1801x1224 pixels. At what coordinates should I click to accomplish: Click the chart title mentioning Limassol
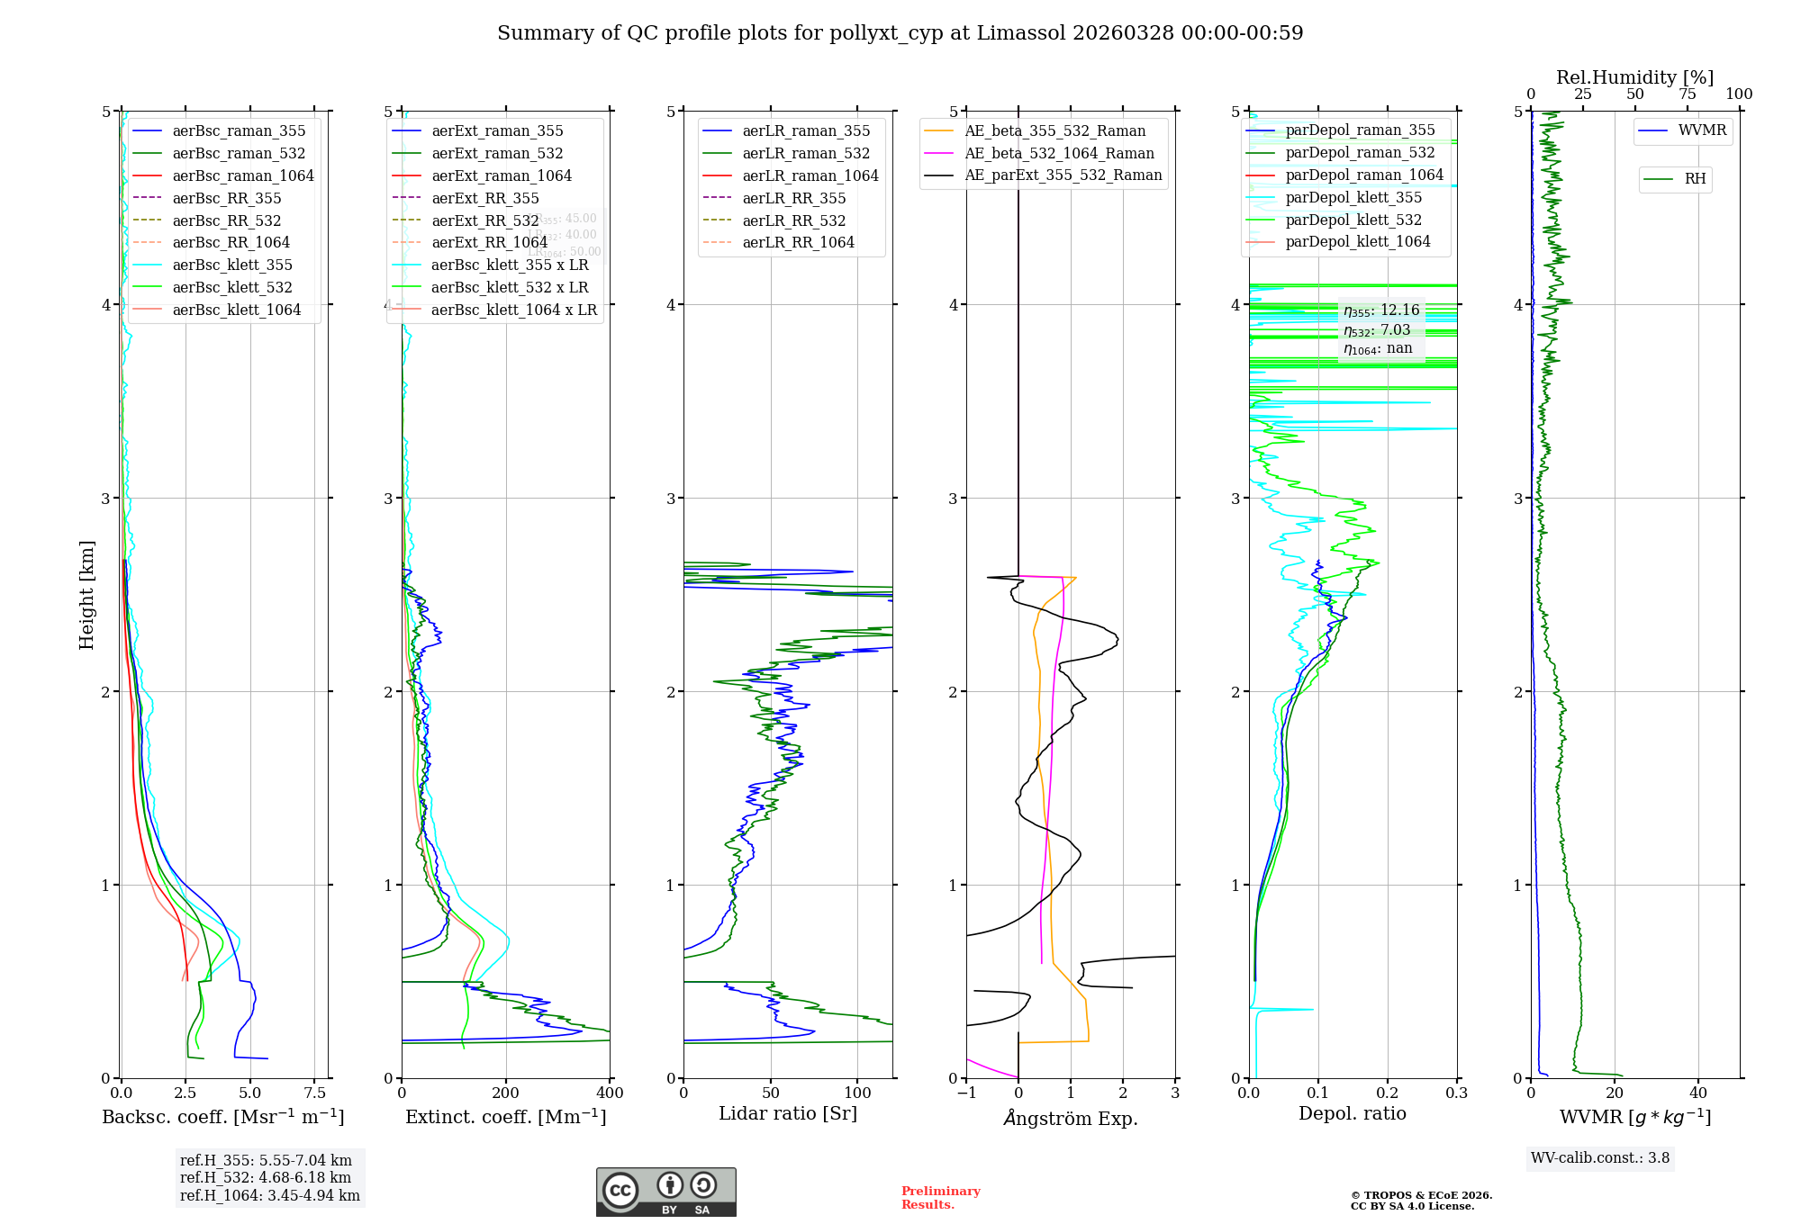click(900, 33)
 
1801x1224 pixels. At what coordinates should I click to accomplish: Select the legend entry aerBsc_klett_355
click(231, 265)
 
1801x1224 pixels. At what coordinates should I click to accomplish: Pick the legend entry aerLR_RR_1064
click(798, 242)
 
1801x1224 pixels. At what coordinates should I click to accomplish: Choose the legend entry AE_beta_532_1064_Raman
click(1059, 153)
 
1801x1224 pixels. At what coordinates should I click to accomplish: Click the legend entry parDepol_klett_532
click(1353, 220)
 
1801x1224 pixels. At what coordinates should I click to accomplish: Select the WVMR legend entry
click(1701, 130)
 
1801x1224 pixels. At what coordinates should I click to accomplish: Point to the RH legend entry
click(1694, 179)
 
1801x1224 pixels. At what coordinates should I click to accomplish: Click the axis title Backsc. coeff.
click(222, 1117)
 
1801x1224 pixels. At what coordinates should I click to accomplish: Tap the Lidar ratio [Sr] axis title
click(787, 1113)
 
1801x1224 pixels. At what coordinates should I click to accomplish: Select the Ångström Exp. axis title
click(1070, 1118)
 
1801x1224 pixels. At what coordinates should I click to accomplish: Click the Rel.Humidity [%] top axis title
click(1634, 77)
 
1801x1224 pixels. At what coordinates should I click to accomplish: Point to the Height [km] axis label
click(86, 595)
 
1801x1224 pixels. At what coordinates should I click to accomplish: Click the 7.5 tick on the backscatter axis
click(314, 1093)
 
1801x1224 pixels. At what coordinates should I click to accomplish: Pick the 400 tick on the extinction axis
click(610, 1093)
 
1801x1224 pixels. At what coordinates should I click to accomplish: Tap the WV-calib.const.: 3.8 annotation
click(1599, 1158)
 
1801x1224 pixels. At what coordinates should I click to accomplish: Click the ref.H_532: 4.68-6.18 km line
click(266, 1177)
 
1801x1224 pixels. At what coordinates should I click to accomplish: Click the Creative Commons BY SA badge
click(665, 1192)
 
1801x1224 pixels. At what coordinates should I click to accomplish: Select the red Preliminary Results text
click(940, 1197)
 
